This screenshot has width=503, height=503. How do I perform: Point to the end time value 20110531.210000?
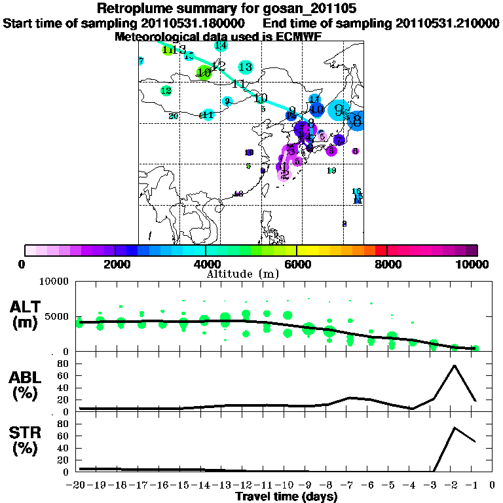click(x=447, y=23)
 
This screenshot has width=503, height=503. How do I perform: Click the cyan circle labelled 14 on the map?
click(x=221, y=45)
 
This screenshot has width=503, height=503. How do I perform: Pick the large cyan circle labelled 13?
click(x=246, y=67)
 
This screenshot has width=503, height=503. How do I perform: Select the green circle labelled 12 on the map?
click(x=166, y=91)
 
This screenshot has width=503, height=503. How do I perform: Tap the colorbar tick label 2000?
click(x=115, y=264)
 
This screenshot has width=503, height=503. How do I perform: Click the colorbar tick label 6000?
click(x=297, y=264)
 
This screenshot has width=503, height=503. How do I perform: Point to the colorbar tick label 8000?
click(x=387, y=264)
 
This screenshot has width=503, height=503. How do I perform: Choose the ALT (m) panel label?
click(x=28, y=314)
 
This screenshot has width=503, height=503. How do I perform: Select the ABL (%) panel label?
click(x=28, y=386)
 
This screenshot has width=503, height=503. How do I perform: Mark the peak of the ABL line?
click(x=454, y=365)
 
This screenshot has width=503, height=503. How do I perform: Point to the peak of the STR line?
click(x=454, y=428)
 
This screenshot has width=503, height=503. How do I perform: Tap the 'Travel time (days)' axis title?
click(x=286, y=496)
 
